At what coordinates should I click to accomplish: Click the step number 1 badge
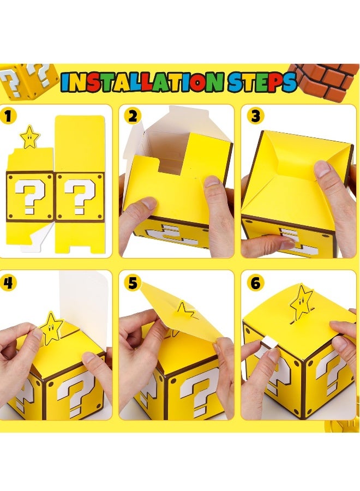tap(8, 116)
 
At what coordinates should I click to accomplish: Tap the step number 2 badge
tap(131, 116)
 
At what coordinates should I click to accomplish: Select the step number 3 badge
tap(254, 116)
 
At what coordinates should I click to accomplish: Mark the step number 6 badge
tap(255, 283)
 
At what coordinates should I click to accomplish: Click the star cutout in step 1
tap(29, 136)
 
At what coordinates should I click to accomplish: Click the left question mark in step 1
tap(27, 196)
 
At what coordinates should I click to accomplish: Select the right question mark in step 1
tap(80, 196)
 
